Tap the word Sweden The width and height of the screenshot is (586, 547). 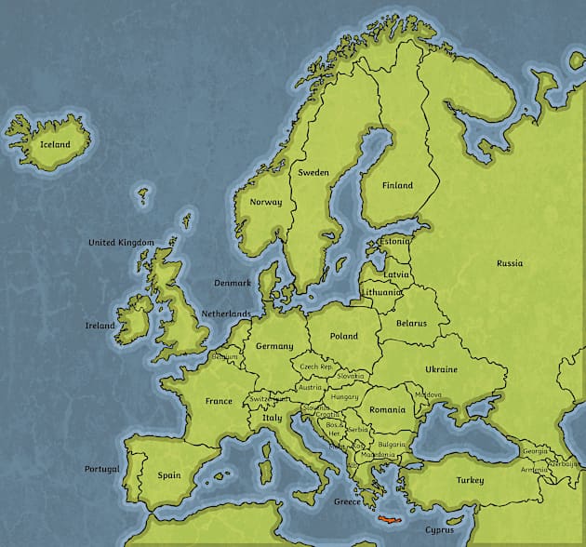313,173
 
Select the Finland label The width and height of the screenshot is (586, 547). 397,185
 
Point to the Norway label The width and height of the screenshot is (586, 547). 266,202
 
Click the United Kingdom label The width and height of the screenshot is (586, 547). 121,243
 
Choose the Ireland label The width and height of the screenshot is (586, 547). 100,326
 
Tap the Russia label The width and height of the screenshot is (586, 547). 510,263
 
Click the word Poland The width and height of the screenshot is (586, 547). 343,336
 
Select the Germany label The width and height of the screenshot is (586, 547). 274,346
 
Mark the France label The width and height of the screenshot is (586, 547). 219,402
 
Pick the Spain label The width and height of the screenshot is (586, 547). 168,475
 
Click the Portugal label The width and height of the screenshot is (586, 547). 102,469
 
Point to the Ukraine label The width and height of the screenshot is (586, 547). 442,369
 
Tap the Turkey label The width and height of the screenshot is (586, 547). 470,480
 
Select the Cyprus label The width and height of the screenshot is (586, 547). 440,530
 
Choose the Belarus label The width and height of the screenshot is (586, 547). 411,323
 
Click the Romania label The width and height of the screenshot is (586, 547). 387,409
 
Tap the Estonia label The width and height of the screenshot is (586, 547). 394,241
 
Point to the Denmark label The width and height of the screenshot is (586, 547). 233,283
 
